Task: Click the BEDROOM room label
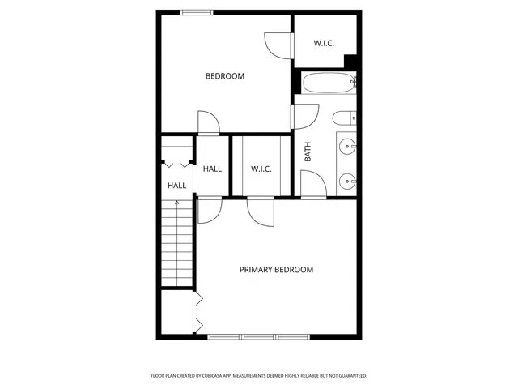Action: pyautogui.click(x=224, y=76)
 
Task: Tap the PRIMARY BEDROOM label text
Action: pyautogui.click(x=276, y=270)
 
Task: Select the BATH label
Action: pyautogui.click(x=308, y=152)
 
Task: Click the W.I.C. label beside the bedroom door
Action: pyautogui.click(x=324, y=43)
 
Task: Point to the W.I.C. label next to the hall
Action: pyautogui.click(x=261, y=169)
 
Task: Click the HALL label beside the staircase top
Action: pyautogui.click(x=176, y=186)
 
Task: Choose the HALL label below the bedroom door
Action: pyautogui.click(x=212, y=169)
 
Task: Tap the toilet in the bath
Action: pyautogui.click(x=346, y=117)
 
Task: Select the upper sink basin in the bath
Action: pyautogui.click(x=347, y=147)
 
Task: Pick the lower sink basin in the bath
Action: pyautogui.click(x=347, y=180)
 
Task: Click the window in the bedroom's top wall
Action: pyautogui.click(x=197, y=11)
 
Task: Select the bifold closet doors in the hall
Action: pyautogui.click(x=197, y=312)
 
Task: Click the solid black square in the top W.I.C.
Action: pyautogui.click(x=350, y=62)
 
